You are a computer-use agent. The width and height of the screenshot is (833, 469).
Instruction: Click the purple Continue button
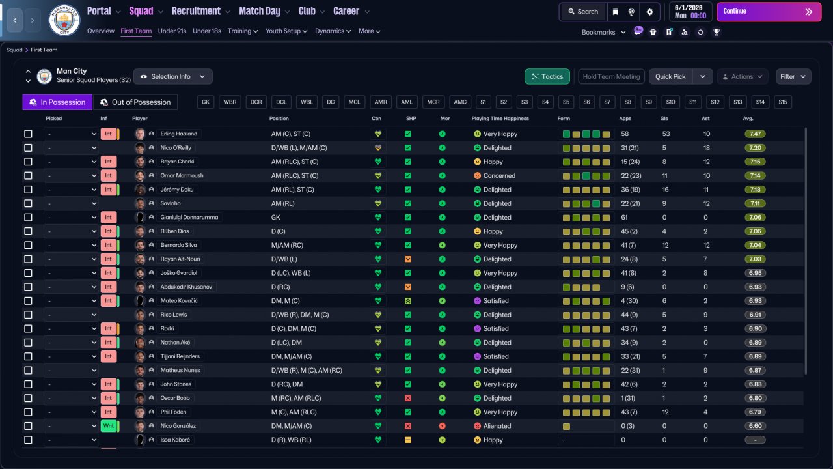(769, 12)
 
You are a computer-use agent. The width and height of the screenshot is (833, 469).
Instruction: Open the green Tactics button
(547, 77)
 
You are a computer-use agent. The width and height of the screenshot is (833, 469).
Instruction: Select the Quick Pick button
(670, 77)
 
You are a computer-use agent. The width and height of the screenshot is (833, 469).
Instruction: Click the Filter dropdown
(793, 77)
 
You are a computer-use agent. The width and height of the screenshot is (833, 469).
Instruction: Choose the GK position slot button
(206, 102)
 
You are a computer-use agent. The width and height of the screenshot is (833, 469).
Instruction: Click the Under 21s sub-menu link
(172, 31)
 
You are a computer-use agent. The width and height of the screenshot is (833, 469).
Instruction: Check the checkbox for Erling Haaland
(28, 134)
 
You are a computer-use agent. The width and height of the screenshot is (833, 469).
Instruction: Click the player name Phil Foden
(173, 412)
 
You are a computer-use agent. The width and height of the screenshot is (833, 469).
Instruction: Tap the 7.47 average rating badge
(755, 134)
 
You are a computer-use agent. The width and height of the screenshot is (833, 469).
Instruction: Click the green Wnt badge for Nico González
(109, 426)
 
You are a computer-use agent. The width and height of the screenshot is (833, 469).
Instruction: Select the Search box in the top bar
(583, 12)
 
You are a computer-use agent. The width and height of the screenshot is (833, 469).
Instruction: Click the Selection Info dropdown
(172, 77)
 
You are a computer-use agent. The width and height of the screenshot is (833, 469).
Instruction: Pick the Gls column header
(664, 119)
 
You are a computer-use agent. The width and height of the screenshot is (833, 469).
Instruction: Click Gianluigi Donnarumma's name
(189, 218)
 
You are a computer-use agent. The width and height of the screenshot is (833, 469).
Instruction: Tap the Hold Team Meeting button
(611, 77)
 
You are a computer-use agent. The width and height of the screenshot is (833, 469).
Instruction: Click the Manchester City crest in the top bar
(64, 20)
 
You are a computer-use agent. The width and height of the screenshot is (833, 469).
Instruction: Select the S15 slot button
(783, 102)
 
